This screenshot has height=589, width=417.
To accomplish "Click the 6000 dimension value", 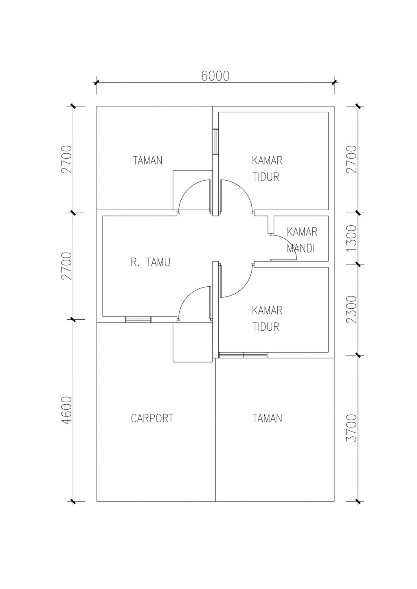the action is click(x=215, y=76).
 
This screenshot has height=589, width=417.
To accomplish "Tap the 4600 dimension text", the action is click(x=66, y=410).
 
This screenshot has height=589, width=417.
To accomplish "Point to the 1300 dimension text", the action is click(x=352, y=238).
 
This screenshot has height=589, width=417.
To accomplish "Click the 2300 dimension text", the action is click(x=352, y=310).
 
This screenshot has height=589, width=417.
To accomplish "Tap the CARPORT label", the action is click(x=152, y=418).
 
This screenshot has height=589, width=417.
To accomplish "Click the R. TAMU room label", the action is click(x=151, y=262).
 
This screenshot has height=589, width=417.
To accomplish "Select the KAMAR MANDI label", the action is click(x=302, y=240).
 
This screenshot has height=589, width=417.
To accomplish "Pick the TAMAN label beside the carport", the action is click(x=267, y=418).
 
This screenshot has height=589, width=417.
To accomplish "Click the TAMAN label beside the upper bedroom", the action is click(x=147, y=160).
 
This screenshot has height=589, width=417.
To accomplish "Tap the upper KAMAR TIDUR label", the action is click(x=267, y=168).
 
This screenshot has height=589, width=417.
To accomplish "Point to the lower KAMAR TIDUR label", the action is click(x=267, y=318).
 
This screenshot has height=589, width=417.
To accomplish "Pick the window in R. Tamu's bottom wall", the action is click(x=138, y=319).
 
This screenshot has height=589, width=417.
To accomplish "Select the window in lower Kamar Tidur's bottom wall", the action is click(x=243, y=355).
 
